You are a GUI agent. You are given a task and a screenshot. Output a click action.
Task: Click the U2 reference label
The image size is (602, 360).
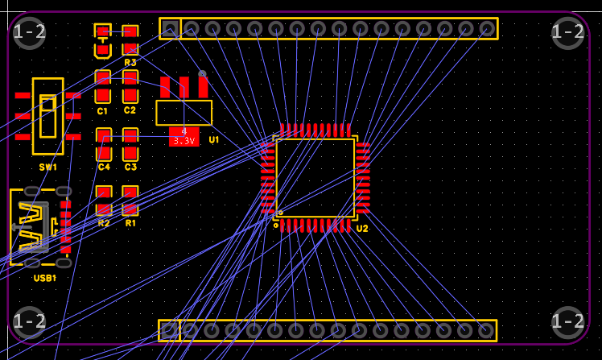[362, 229]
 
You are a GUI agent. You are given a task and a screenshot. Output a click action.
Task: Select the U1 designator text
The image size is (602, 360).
[214, 139]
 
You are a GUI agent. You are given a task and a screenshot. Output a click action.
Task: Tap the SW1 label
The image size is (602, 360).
[47, 167]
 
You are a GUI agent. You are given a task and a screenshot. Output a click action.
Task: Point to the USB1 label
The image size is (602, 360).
[45, 278]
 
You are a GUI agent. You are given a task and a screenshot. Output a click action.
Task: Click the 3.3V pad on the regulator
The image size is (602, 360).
[184, 137]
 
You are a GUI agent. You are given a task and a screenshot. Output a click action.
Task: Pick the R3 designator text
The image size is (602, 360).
[130, 62]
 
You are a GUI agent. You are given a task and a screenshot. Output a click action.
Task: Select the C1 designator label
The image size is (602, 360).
[102, 110]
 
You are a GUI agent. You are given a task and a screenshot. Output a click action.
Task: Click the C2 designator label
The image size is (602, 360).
[130, 110]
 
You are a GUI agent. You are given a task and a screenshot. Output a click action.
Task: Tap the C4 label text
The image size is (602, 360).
[104, 167]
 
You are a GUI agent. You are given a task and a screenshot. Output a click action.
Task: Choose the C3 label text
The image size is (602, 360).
[130, 167]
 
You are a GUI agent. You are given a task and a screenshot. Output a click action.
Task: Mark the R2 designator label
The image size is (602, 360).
[104, 223]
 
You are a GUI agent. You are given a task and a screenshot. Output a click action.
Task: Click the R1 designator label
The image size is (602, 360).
[130, 223]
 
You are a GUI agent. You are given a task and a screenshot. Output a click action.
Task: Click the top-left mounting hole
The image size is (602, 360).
[30, 32]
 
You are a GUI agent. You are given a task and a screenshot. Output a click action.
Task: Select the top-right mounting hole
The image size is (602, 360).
[568, 32]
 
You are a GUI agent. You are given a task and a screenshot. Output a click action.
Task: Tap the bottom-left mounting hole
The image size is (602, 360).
[30, 321]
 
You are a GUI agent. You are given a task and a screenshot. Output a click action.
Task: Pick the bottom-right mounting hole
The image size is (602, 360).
[568, 321]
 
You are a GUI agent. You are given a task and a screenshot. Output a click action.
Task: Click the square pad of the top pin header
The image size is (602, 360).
[170, 29]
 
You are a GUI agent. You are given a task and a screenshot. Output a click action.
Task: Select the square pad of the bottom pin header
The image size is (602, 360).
[169, 330]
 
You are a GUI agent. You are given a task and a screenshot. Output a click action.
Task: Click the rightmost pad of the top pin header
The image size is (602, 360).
[487, 29]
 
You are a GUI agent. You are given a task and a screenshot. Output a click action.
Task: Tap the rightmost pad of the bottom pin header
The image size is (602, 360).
[485, 330]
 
